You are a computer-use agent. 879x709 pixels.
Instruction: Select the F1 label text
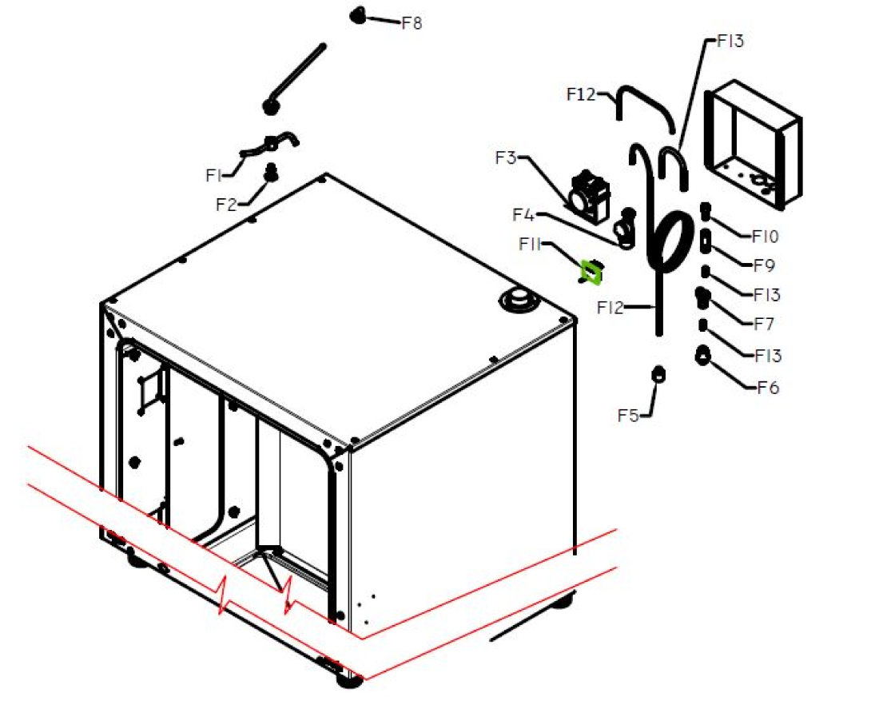pos(213,174)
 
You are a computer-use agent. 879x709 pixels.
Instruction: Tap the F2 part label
pos(226,204)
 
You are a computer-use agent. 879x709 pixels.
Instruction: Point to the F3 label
pos(506,157)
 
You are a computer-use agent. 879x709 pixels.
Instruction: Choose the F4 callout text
pos(523,215)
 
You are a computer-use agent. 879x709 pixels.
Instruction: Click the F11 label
pos(531,244)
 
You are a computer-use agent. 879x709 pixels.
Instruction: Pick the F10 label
pos(765,237)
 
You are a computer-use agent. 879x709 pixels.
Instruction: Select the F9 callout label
pos(765,265)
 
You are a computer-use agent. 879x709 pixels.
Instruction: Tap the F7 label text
pos(765,324)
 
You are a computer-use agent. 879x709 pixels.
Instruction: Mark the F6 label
pos(767,388)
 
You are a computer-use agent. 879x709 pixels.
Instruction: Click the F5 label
pos(628,415)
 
